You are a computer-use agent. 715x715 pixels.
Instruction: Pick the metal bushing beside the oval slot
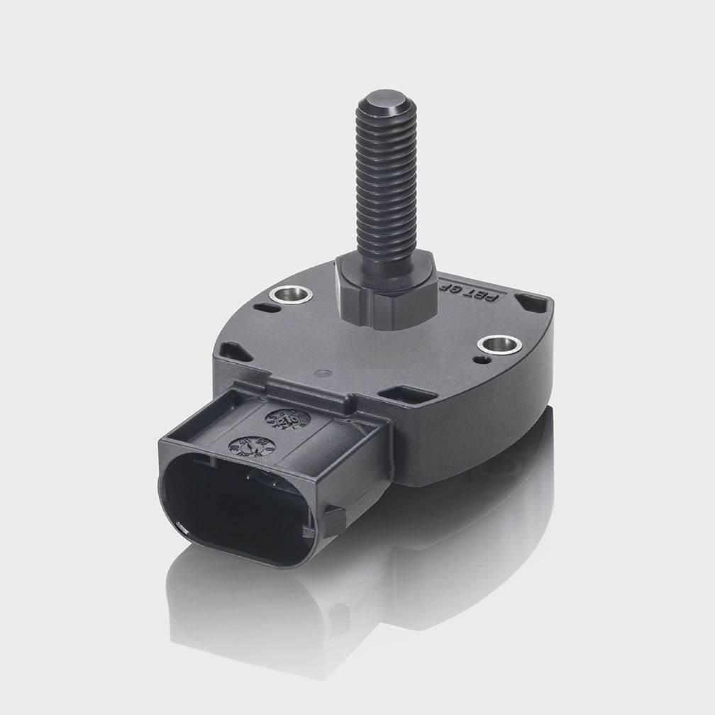tap(293, 293)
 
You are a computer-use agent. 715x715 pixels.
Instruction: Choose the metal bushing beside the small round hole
tap(499, 345)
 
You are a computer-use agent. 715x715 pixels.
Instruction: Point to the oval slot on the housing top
tap(267, 308)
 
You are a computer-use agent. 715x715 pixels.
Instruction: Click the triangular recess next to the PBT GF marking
tap(532, 303)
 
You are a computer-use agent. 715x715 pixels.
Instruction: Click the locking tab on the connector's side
tap(334, 521)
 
